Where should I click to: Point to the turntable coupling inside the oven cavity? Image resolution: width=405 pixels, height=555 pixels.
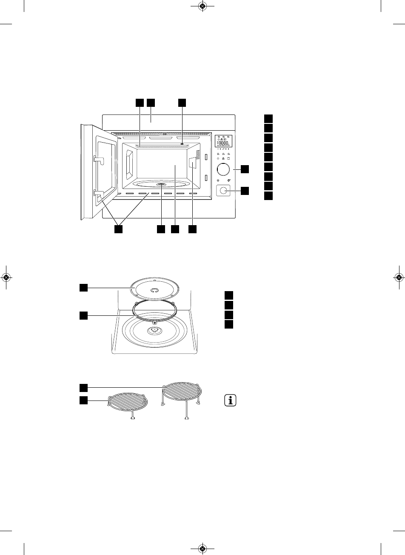pos(162,185)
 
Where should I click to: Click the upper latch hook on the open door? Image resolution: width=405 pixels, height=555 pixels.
pos(98,160)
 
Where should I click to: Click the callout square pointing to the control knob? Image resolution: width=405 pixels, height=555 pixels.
pos(245,169)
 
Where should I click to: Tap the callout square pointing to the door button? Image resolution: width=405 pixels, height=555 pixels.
pos(245,191)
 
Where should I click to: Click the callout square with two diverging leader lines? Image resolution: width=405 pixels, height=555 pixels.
pos(118,229)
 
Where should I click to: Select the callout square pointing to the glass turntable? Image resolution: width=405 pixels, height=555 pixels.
pos(83,288)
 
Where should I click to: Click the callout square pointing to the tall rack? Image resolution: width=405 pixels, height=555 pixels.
pos(83,387)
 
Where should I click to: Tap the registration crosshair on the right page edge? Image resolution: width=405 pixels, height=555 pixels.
pos(399,277)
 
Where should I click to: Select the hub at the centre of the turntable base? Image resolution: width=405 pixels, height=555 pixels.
pos(154,331)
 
